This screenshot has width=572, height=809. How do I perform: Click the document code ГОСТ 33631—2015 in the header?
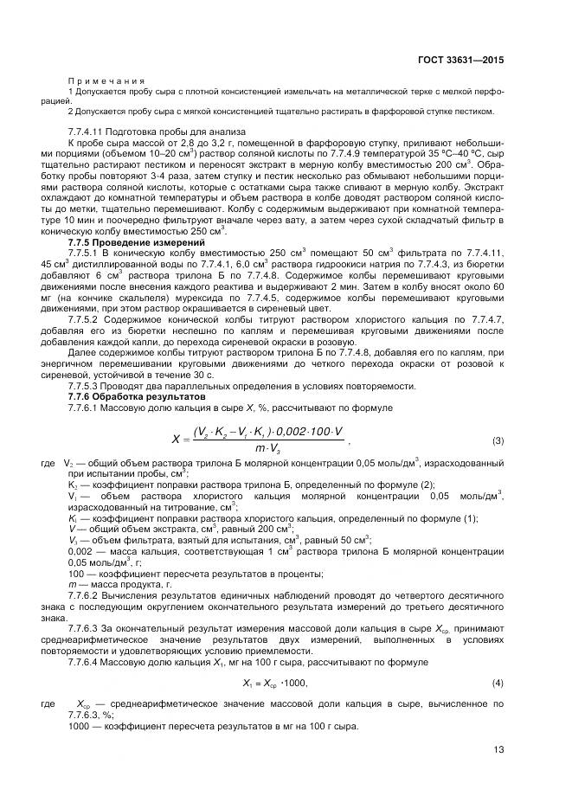point(460,61)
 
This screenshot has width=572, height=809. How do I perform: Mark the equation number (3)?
point(498,440)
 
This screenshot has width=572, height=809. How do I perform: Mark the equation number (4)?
point(498,684)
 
